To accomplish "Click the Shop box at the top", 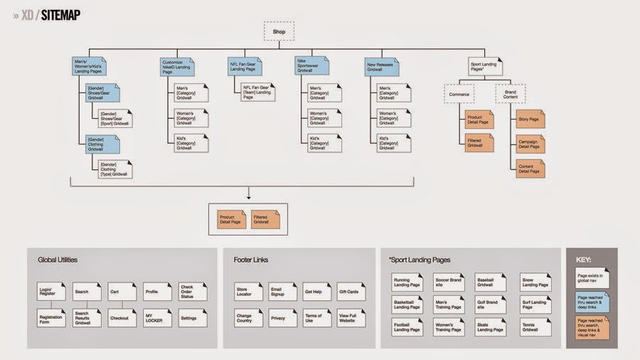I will (279, 31).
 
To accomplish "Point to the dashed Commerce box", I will (459, 94).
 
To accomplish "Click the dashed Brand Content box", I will (510, 94).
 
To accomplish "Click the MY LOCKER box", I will (158, 317).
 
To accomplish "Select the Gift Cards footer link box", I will (351, 292).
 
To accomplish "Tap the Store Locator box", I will (248, 292).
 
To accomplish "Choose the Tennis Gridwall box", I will (533, 327).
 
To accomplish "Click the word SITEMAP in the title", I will (61, 15).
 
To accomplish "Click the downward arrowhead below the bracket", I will (248, 196).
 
